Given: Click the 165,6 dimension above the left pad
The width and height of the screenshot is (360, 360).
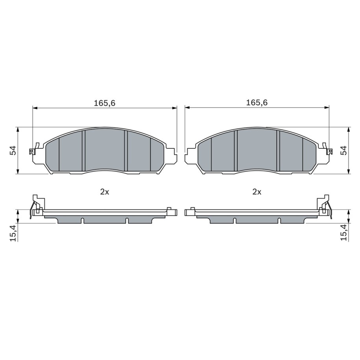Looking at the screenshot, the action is pos(105,103).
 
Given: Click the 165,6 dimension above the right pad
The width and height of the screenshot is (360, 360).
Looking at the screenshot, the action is pos(257,102).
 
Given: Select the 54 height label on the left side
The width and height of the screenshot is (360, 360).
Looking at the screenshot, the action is pos(13,150).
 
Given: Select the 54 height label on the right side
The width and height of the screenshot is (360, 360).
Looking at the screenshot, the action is pos(344,150).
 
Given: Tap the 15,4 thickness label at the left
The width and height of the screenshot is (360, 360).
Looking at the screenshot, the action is pos(13,233).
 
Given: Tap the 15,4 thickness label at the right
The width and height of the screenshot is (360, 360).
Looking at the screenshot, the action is pos(344,233).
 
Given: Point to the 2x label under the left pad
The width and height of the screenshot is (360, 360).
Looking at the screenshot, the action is pos(105,192).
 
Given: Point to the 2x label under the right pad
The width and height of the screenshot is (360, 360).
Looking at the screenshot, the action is pos(257,192).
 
